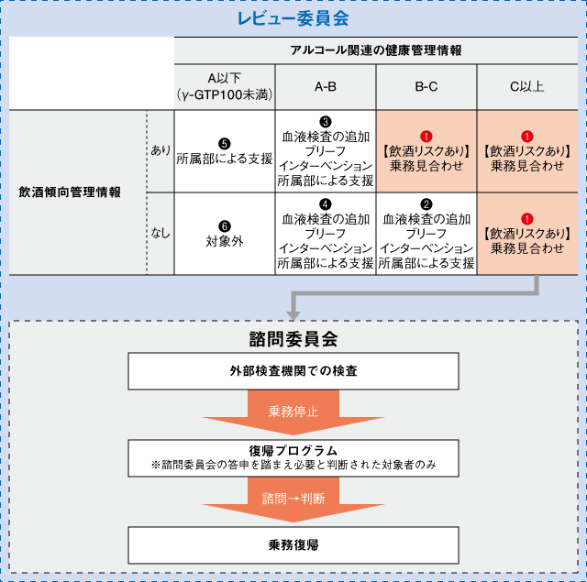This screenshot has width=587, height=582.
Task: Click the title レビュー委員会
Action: [293, 17]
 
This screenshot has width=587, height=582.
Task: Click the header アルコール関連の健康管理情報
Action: [377, 50]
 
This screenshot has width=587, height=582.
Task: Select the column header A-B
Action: [326, 87]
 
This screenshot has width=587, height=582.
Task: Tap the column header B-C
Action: [426, 87]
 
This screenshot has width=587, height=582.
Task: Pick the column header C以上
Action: [526, 87]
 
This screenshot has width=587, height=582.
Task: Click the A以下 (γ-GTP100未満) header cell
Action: [225, 87]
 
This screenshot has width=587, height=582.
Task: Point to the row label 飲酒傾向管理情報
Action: [70, 192]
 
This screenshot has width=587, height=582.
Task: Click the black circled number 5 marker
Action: [225, 142]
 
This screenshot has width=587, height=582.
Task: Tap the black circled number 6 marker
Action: [225, 225]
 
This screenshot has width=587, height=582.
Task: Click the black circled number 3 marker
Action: [326, 121]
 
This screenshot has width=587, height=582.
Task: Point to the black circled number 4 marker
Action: [326, 203]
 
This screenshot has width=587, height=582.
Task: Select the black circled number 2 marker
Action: [426, 203]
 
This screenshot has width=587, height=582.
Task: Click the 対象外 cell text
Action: [225, 243]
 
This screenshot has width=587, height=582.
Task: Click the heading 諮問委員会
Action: [293, 338]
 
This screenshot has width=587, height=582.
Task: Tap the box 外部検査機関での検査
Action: [293, 372]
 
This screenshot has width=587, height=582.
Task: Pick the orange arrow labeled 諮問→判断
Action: [293, 500]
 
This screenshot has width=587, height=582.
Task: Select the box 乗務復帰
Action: [293, 544]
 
